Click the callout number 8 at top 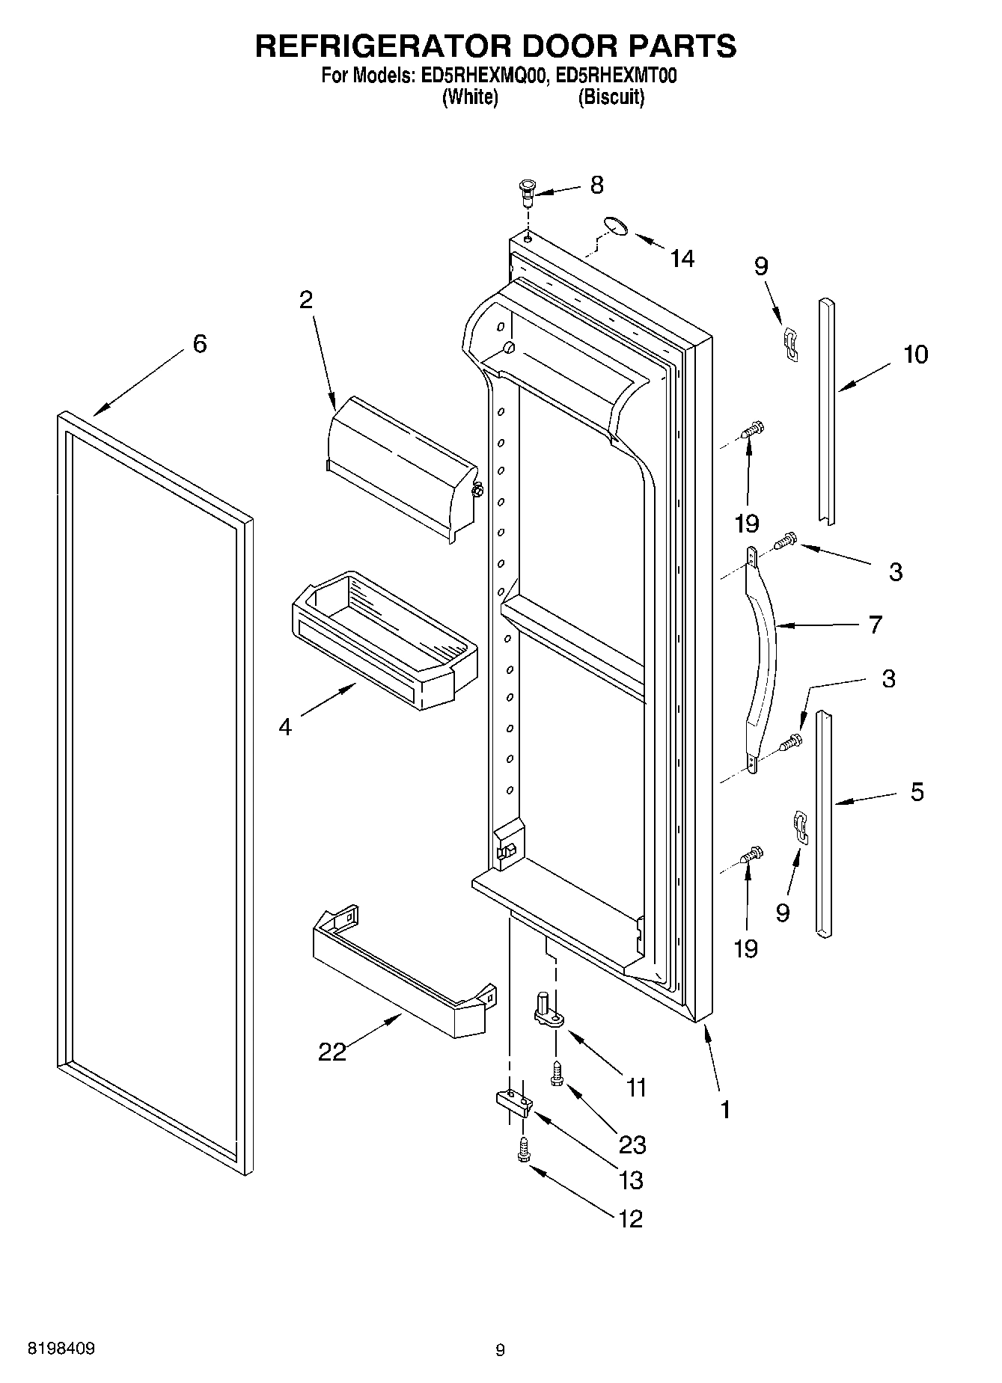pyautogui.click(x=596, y=185)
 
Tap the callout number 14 pyautogui.click(x=682, y=259)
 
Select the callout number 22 pyautogui.click(x=332, y=1052)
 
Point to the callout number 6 pyautogui.click(x=199, y=344)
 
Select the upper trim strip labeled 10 pyautogui.click(x=826, y=411)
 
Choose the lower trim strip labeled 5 pyautogui.click(x=823, y=823)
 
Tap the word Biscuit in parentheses pyautogui.click(x=611, y=97)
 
